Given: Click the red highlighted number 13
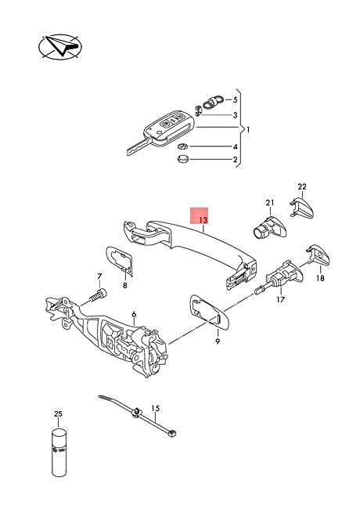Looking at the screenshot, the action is [x=203, y=220].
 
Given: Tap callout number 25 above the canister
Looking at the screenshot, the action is [x=58, y=414].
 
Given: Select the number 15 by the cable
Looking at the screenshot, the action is [x=156, y=408].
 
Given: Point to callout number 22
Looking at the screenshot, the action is [x=302, y=186].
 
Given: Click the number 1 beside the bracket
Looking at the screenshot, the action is [x=248, y=130].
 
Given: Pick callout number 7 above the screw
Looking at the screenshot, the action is [x=99, y=276].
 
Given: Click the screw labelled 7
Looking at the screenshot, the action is [x=97, y=295].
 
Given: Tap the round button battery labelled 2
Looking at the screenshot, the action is [x=183, y=159].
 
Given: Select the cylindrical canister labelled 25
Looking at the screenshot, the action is [x=58, y=452].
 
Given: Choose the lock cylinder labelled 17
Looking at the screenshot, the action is [x=280, y=277].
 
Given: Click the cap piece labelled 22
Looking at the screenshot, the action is [x=301, y=208].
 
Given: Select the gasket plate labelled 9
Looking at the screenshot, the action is [x=210, y=312].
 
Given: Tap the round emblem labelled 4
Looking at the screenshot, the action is [x=183, y=146].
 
